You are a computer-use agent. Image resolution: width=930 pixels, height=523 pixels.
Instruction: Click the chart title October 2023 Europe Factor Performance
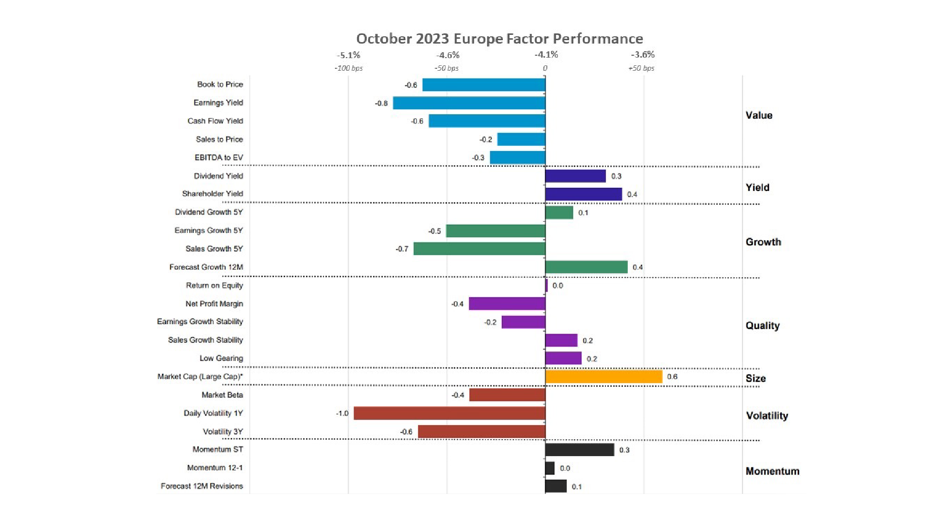(499, 39)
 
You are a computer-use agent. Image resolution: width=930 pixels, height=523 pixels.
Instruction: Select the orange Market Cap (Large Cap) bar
(604, 377)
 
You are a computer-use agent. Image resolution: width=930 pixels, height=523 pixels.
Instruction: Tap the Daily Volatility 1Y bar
(449, 414)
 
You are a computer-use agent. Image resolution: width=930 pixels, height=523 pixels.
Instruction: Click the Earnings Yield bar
(469, 103)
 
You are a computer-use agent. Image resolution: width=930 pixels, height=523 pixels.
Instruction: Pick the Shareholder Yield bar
(583, 194)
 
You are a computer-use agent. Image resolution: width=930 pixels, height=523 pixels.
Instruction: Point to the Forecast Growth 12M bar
(586, 267)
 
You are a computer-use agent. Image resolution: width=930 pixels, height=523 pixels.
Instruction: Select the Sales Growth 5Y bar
(480, 249)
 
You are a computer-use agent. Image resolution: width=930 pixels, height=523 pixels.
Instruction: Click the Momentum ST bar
(579, 450)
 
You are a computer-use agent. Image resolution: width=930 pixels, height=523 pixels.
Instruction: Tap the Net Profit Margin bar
(507, 304)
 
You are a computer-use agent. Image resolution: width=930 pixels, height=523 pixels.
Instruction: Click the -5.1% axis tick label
(349, 55)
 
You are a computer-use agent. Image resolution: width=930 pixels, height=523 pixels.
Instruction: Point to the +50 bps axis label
(641, 68)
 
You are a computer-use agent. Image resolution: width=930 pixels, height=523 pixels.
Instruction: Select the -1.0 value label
(342, 414)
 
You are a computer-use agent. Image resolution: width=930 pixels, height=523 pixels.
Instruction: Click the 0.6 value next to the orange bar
(672, 377)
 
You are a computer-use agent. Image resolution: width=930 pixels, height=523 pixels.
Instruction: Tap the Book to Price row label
(220, 85)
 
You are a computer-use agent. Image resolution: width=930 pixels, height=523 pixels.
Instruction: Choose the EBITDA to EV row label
(218, 158)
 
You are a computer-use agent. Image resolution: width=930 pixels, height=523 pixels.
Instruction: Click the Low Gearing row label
(221, 358)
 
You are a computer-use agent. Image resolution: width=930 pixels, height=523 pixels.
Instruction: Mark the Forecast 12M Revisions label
(201, 486)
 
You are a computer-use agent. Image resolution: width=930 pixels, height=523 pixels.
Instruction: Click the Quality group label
(762, 326)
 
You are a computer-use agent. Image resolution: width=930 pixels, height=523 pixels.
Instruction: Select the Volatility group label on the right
(767, 416)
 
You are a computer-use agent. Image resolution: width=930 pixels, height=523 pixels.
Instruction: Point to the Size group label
(756, 379)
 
